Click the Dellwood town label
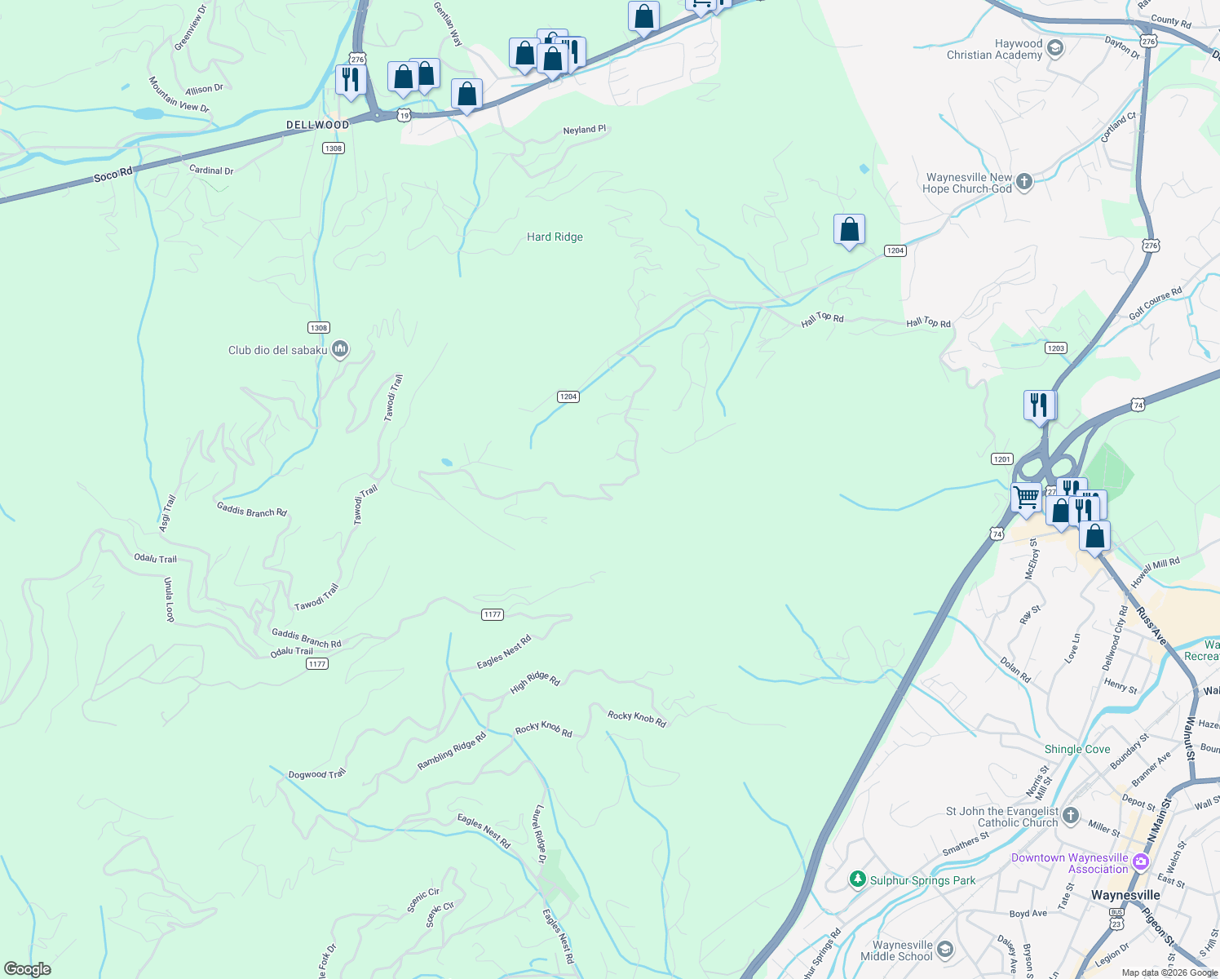pyautogui.click(x=317, y=125)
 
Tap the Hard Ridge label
pyautogui.click(x=555, y=237)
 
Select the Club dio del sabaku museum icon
pyautogui.click(x=340, y=349)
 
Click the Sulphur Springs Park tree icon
pyautogui.click(x=857, y=879)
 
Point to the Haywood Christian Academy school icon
pyautogui.click(x=1054, y=48)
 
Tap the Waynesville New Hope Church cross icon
pyautogui.click(x=1024, y=182)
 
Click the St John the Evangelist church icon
pyautogui.click(x=1071, y=816)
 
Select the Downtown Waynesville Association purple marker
pyautogui.click(x=1140, y=862)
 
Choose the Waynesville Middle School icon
pyautogui.click(x=944, y=949)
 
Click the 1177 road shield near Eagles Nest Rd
pyautogui.click(x=492, y=614)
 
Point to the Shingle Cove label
pyautogui.click(x=1077, y=749)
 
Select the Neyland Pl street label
pyautogui.click(x=585, y=130)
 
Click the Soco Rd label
pyautogui.click(x=113, y=174)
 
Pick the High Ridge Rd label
pyautogui.click(x=535, y=681)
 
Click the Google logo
pyautogui.click(x=28, y=969)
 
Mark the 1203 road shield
pyautogui.click(x=1055, y=348)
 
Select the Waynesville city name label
pyautogui.click(x=1125, y=895)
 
